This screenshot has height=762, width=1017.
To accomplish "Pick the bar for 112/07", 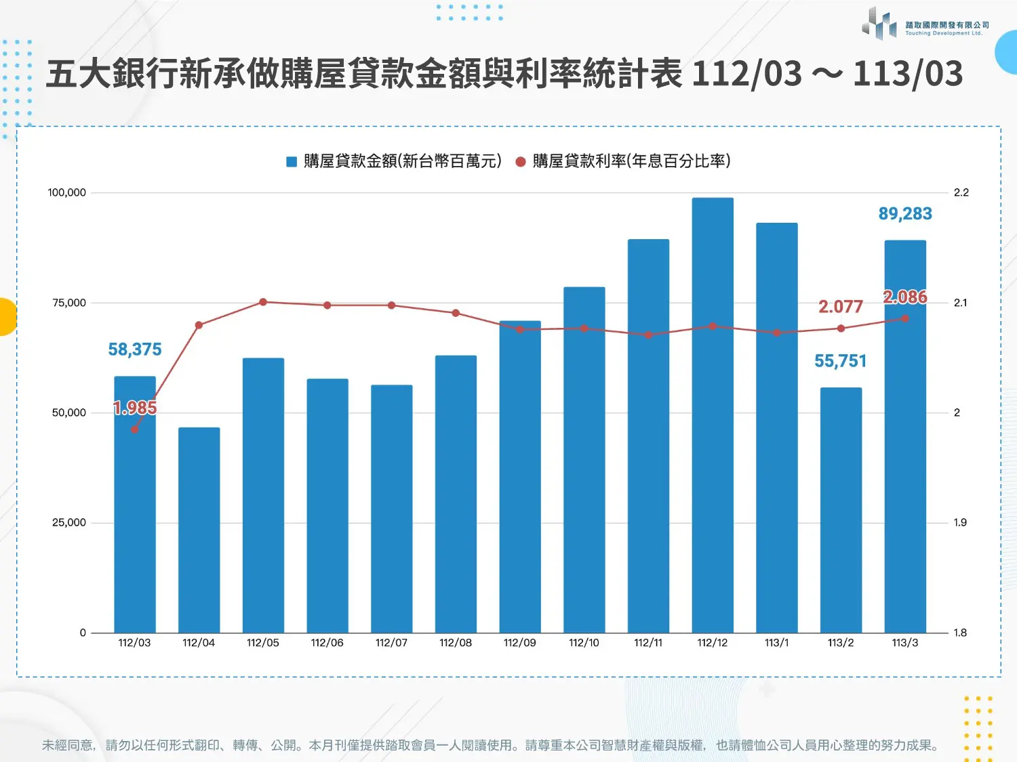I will (x=391, y=508).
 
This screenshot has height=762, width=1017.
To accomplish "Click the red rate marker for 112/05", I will (x=263, y=302).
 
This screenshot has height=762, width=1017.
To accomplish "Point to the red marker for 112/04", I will (x=199, y=325).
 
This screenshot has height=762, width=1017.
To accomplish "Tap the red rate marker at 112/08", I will (x=456, y=313).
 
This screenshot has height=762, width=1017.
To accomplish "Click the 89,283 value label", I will (x=905, y=214).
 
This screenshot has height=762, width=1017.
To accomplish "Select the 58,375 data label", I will (x=135, y=350).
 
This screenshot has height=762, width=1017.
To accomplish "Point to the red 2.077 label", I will (x=841, y=307).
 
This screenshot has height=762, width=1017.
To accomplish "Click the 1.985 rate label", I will (x=135, y=408).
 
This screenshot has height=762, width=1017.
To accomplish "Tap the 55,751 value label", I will (x=841, y=361).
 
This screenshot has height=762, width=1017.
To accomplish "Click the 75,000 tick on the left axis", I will (x=69, y=303).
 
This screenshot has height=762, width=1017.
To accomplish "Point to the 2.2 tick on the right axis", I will (x=961, y=192).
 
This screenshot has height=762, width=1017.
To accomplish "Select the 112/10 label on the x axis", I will (x=584, y=643).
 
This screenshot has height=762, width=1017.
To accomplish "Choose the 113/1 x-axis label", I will (x=776, y=643).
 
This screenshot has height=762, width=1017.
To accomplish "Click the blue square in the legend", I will (x=292, y=161).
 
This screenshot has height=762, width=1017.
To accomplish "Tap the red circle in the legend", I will (x=521, y=161).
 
